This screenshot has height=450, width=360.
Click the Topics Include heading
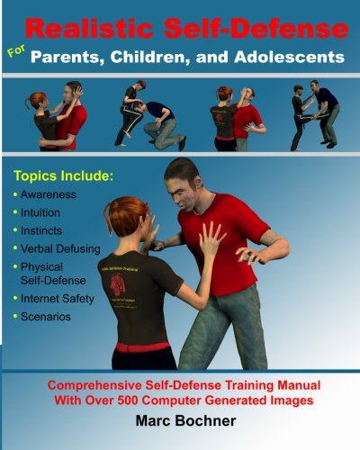click(68, 169)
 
